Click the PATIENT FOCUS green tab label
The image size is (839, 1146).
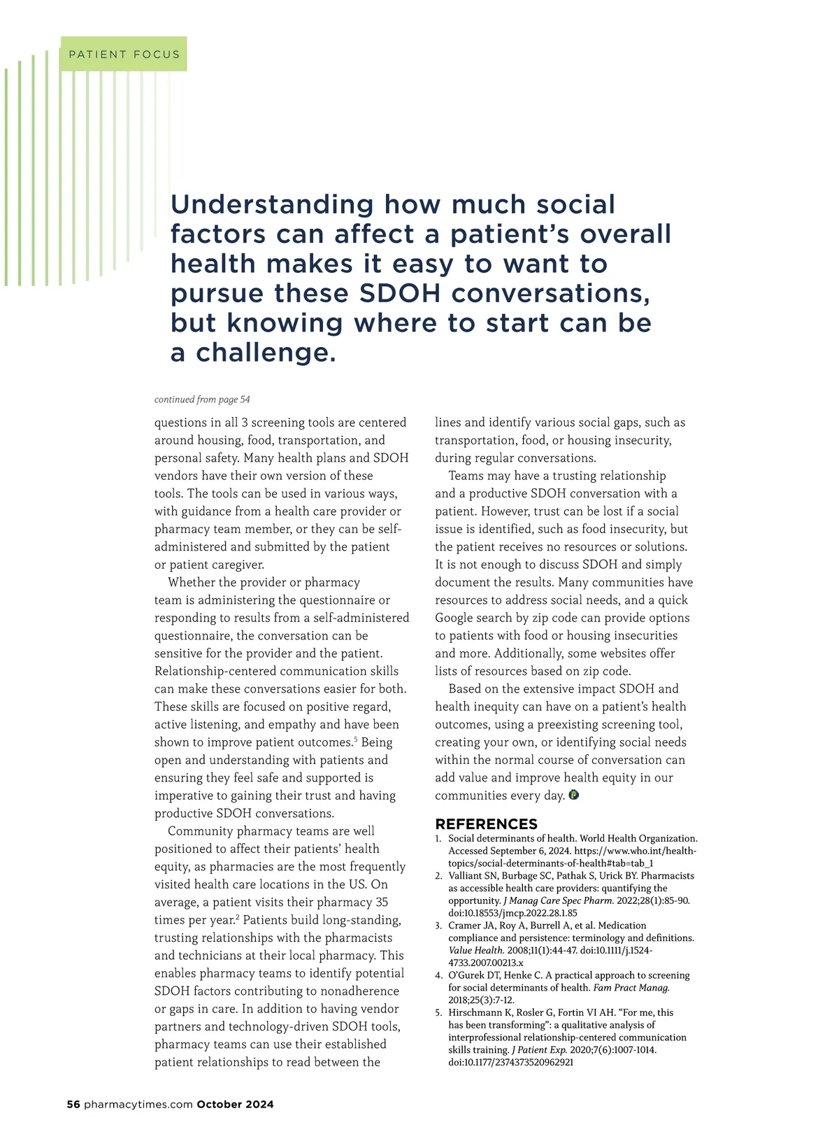pyautogui.click(x=124, y=55)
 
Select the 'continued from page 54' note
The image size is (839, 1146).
pyautogui.click(x=202, y=399)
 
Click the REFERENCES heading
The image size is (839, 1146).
pyautogui.click(x=486, y=824)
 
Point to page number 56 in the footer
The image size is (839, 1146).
pyautogui.click(x=73, y=1105)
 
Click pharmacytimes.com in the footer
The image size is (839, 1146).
pyautogui.click(x=138, y=1105)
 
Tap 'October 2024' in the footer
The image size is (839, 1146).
pyautogui.click(x=235, y=1105)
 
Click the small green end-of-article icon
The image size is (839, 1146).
pyautogui.click(x=574, y=795)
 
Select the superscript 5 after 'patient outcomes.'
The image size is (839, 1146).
pyautogui.click(x=355, y=739)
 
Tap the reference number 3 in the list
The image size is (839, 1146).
pyautogui.click(x=438, y=926)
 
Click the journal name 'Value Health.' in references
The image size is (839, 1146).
pyautogui.click(x=476, y=950)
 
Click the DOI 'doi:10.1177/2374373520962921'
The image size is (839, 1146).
pyautogui.click(x=510, y=1062)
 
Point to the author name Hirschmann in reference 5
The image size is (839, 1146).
pyautogui.click(x=474, y=1012)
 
